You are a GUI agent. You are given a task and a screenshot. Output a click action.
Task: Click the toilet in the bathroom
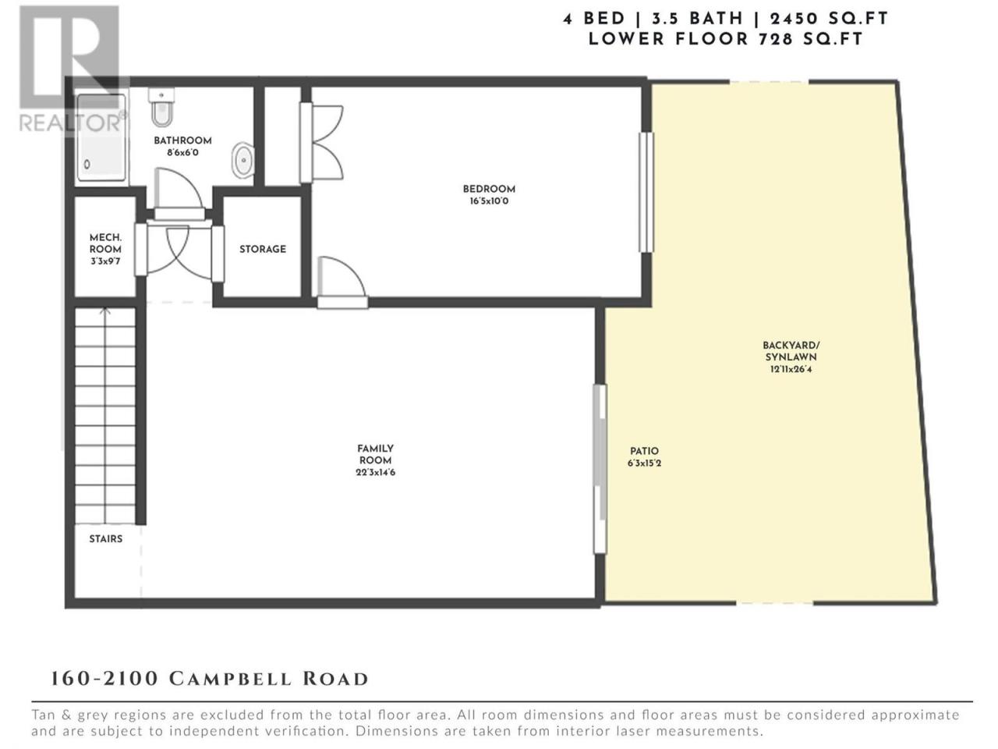161,108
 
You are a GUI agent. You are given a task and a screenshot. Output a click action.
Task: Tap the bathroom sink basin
242,160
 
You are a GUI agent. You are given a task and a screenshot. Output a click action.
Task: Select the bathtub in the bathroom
101,137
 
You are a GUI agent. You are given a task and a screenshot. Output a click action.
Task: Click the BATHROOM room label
182,140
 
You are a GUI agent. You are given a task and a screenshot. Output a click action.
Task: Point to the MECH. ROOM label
105,243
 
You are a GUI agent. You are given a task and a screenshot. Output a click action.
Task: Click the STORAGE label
263,249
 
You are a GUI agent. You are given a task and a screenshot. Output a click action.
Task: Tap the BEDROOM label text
489,189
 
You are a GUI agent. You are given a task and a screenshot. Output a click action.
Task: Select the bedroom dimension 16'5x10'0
489,201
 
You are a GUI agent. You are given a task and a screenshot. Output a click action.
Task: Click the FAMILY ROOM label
375,454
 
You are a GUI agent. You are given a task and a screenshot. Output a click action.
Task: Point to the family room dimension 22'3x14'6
376,473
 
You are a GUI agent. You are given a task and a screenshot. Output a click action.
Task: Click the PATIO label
644,451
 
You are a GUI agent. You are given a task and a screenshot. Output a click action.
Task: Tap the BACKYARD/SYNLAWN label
791,351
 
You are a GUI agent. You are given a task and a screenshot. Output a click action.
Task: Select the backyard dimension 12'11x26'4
791,369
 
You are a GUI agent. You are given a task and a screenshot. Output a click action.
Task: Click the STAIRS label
105,539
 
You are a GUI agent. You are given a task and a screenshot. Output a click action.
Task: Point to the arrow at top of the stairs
105,312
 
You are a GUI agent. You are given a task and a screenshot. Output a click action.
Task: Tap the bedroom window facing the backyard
646,193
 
